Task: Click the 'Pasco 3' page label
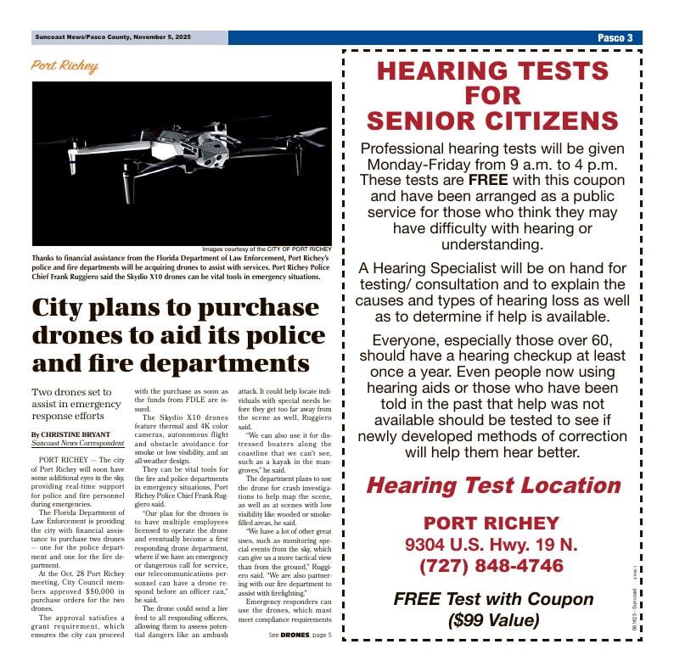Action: [616, 38]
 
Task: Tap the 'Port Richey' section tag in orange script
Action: [65, 66]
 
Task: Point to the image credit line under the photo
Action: [267, 249]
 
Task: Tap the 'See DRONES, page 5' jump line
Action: [300, 635]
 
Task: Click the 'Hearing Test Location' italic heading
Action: [492, 486]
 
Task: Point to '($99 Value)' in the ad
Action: [493, 620]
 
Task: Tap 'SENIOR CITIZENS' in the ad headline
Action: [492, 120]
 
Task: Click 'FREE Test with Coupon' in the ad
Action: [493, 599]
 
